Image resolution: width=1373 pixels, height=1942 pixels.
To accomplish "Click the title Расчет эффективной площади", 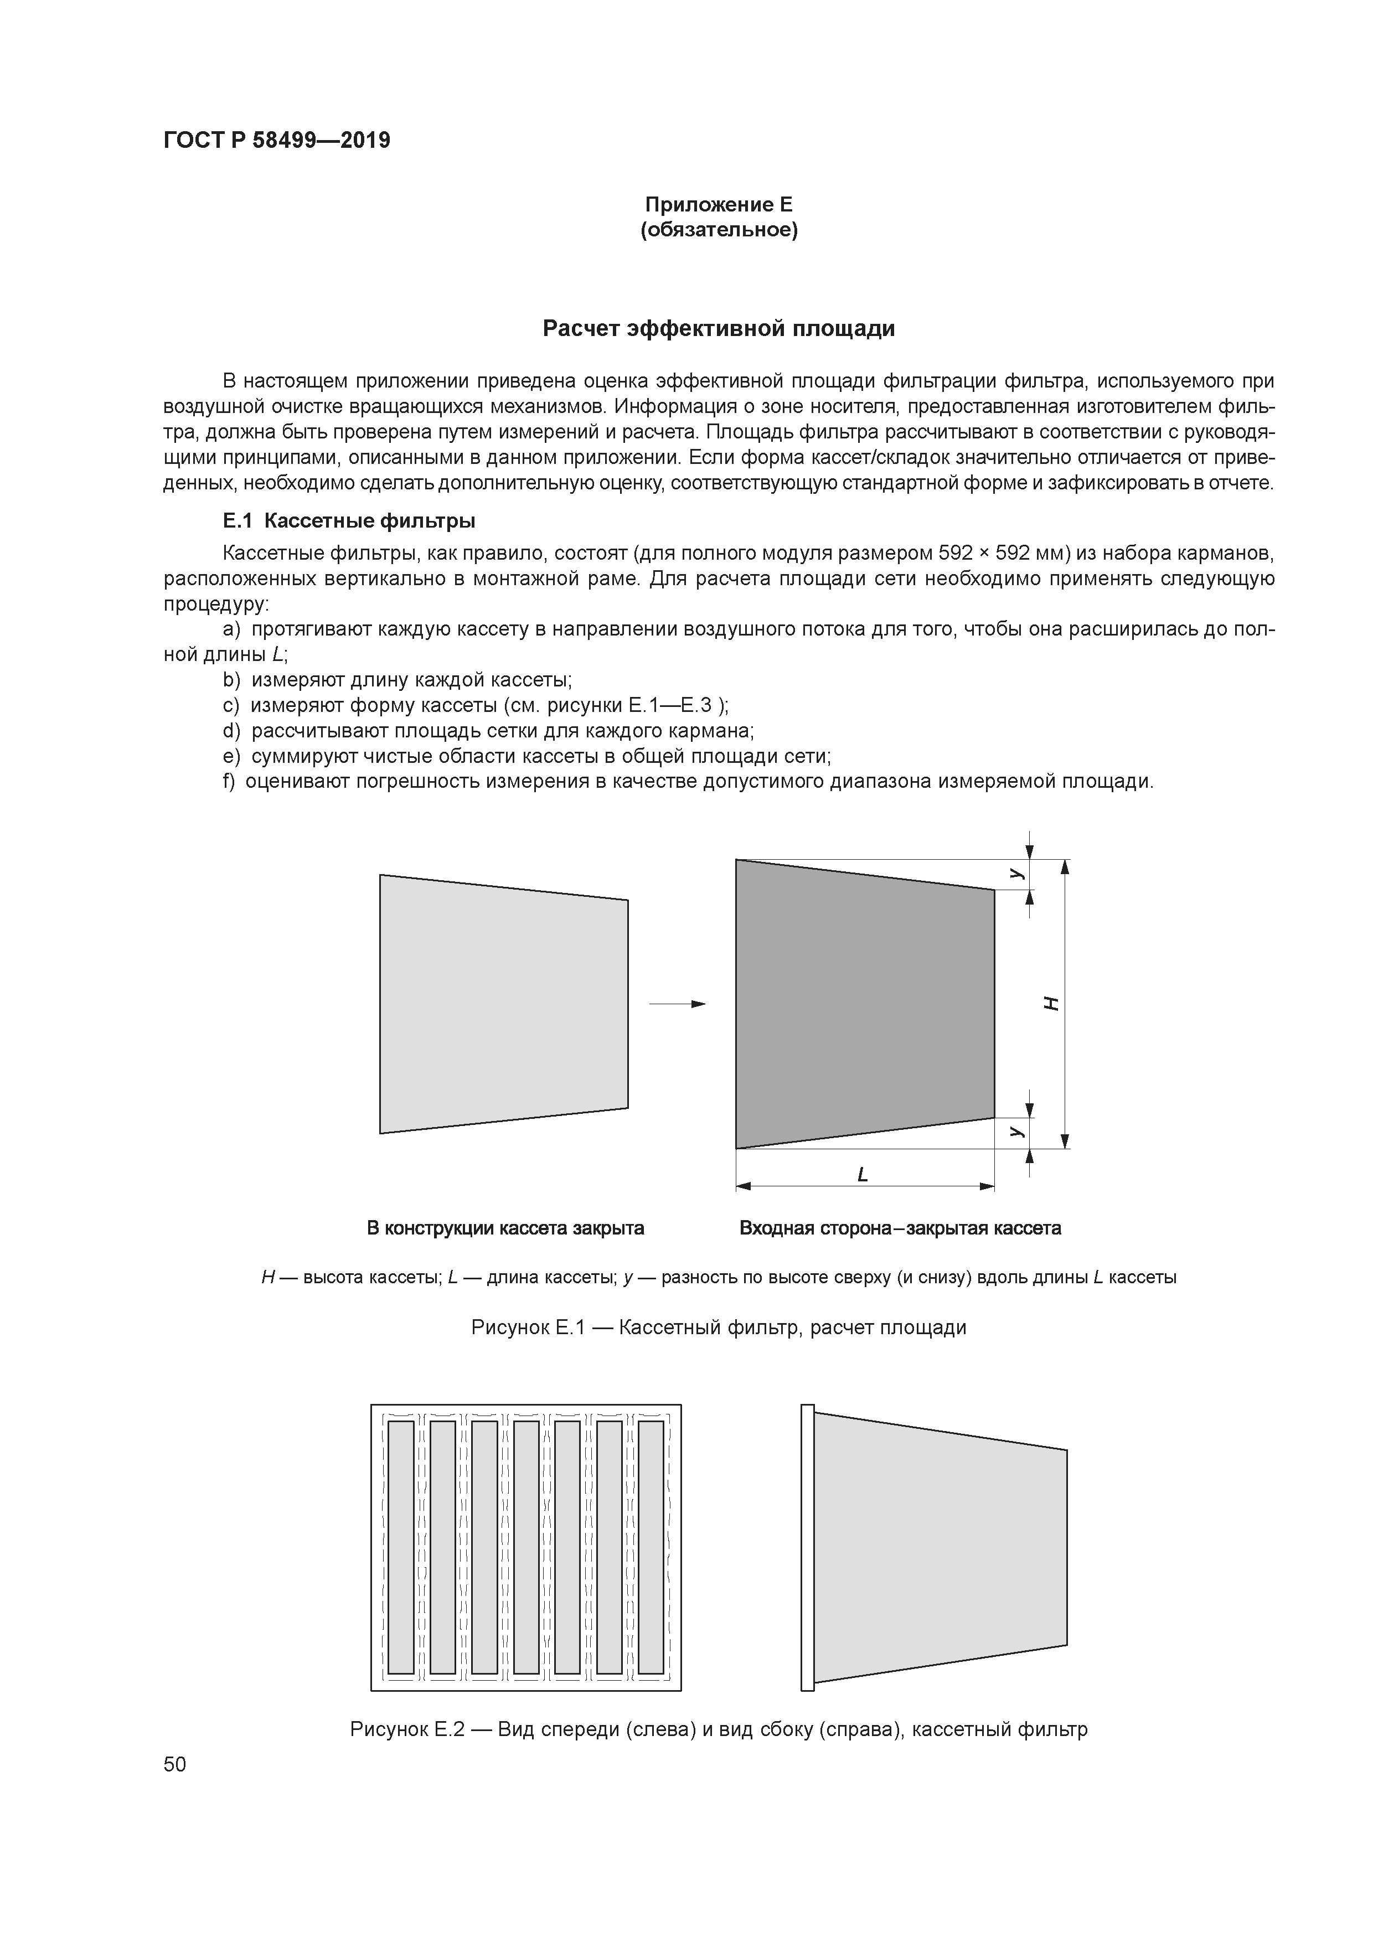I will coord(718,328).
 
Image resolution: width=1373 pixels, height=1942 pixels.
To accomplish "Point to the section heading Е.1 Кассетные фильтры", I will coord(349,520).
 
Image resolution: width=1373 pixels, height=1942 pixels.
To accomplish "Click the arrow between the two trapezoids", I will coord(677,1004).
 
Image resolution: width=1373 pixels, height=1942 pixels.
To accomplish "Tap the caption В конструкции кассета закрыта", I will coord(505,1228).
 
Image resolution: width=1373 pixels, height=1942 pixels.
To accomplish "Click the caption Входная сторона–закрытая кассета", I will coord(900,1228).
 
